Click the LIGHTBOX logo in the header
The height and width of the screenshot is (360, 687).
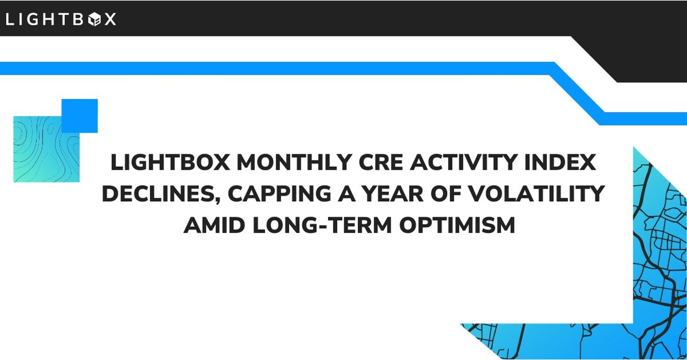[61, 19]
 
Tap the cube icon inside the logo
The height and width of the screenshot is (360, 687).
[95, 19]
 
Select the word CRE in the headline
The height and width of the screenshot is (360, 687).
[380, 162]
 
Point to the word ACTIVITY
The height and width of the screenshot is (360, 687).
[459, 162]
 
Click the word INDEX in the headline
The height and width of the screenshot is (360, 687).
[556, 162]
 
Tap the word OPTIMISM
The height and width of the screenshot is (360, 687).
[457, 225]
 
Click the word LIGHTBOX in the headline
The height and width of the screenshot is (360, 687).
[170, 162]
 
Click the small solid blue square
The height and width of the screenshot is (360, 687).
[80, 116]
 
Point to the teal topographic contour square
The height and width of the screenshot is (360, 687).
[46, 149]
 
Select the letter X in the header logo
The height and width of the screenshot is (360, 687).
[110, 19]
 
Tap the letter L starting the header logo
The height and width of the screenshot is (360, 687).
[10, 19]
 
